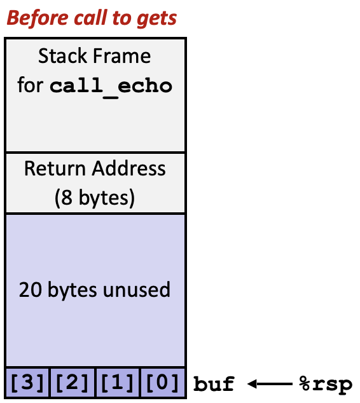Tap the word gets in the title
[157, 19]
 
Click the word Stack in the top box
[61, 57]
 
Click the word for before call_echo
[30, 86]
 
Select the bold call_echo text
[111, 86]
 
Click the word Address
[129, 168]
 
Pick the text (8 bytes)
[95, 198]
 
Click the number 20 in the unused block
[29, 290]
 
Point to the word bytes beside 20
[73, 290]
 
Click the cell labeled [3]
[27, 383]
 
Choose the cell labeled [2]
[73, 383]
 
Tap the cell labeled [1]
[118, 383]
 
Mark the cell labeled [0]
[162, 383]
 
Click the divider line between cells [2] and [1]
[95, 383]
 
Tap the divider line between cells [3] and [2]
[50, 383]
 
